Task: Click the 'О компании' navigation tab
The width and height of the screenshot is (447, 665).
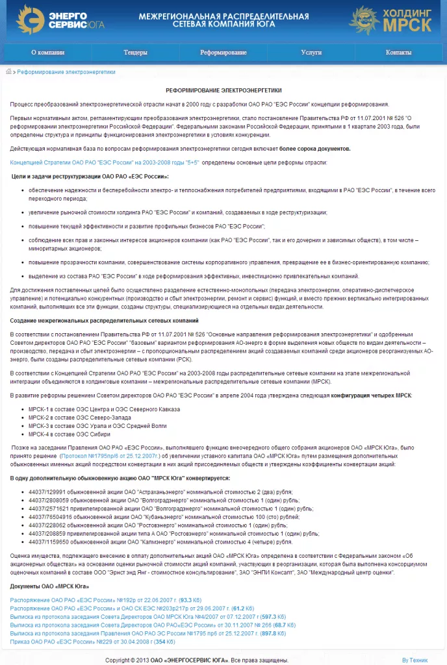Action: click(x=48, y=53)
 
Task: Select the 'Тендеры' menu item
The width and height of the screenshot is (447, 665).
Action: click(x=135, y=53)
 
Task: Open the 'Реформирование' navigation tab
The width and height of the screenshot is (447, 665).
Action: click(x=223, y=53)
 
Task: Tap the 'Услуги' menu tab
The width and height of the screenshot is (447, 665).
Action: click(x=311, y=53)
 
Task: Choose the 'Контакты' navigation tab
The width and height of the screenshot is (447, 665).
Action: click(x=398, y=53)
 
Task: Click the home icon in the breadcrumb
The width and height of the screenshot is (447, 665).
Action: click(x=8, y=72)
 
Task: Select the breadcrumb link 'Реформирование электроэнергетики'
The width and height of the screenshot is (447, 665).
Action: click(x=66, y=72)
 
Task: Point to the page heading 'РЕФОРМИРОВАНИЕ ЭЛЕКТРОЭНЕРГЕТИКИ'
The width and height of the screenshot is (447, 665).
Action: click(x=224, y=90)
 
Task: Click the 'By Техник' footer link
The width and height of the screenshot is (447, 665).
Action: click(x=415, y=659)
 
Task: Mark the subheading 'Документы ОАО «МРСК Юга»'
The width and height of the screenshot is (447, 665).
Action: click(x=50, y=586)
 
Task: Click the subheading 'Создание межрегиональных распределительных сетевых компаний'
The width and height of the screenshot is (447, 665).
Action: click(x=105, y=321)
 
